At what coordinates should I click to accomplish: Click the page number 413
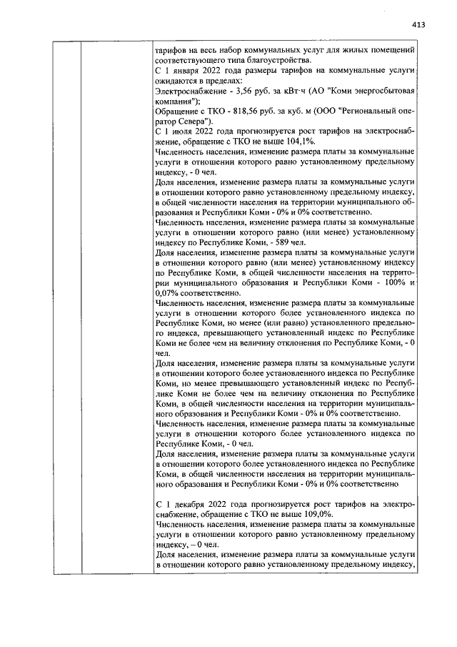pyautogui.click(x=418, y=24)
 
